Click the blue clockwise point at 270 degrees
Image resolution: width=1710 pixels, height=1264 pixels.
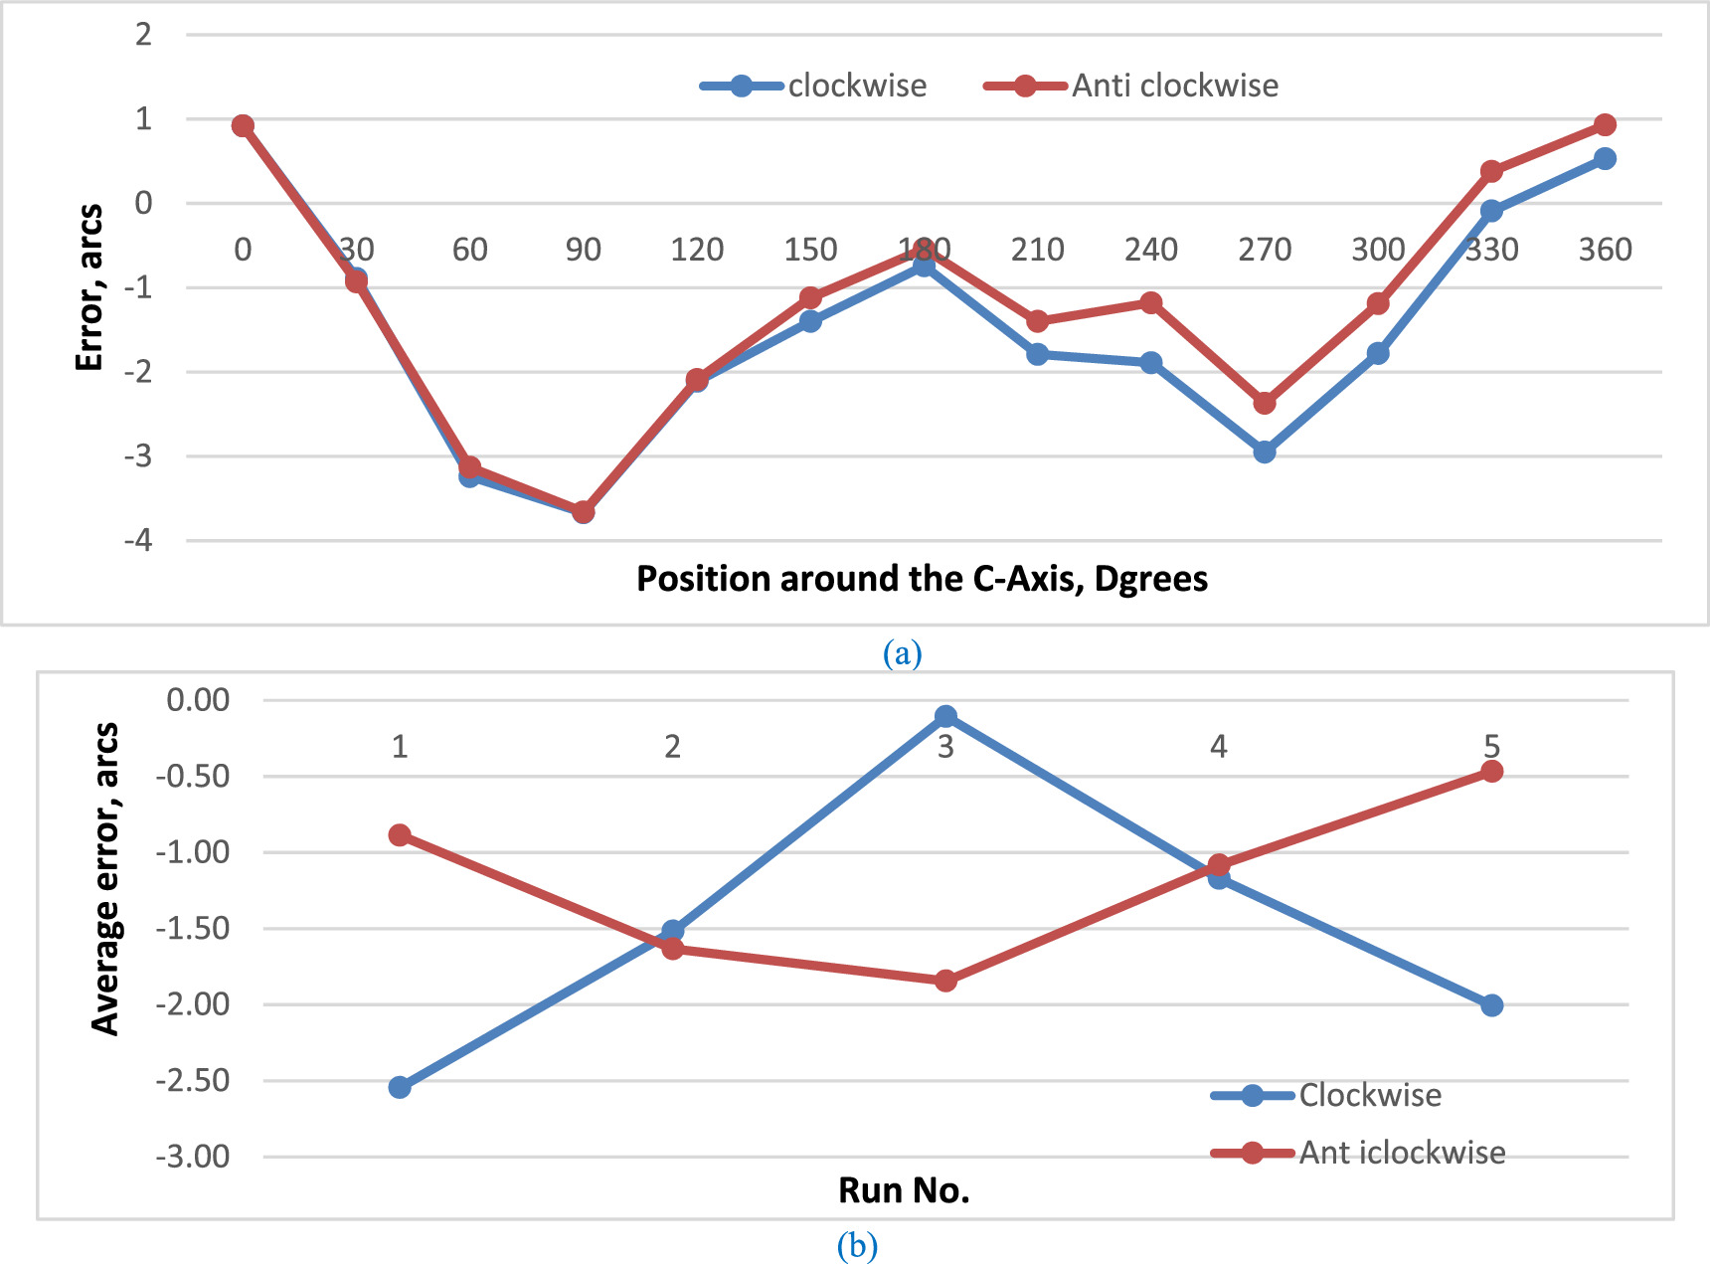coord(1265,452)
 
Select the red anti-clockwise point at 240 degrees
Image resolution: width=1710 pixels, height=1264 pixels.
coord(1151,302)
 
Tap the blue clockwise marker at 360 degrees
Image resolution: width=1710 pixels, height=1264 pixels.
coord(1605,158)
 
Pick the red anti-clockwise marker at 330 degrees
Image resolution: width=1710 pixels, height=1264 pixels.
coord(1491,171)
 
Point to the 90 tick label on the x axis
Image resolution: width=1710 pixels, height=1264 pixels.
coord(584,250)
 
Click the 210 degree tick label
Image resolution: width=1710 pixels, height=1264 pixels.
coord(1038,250)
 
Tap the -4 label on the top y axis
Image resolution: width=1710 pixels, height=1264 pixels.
coord(139,540)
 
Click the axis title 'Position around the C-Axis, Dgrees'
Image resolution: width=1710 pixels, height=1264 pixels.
coord(922,579)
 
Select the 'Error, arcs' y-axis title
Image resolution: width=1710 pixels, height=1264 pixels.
coord(89,287)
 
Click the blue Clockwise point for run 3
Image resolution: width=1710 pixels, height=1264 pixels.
coord(945,716)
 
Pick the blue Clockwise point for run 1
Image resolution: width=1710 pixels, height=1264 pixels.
coord(400,1087)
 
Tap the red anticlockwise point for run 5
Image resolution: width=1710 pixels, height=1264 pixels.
coord(1491,771)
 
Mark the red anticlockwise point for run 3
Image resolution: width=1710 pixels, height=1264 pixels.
coord(945,981)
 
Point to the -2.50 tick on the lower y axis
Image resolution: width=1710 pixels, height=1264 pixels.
coord(193,1080)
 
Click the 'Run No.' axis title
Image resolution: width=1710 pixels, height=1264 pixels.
coord(904,1190)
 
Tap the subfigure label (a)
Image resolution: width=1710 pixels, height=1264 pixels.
coord(902,653)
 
